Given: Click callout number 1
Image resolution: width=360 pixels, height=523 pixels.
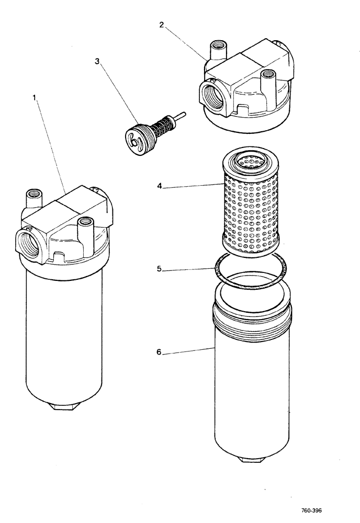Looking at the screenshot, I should point(36,98).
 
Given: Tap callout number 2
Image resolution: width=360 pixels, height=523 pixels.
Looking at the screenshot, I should point(162,25).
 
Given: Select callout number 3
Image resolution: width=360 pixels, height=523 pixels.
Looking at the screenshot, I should point(97,61).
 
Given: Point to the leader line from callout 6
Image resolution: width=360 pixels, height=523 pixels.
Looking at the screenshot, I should point(188,350).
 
